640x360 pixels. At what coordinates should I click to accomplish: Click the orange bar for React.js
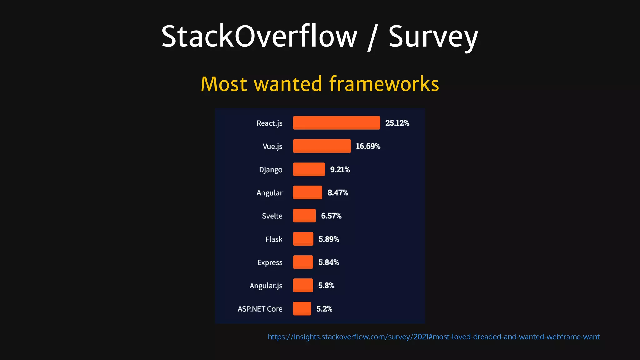pos(336,123)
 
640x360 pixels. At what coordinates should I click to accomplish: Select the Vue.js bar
pos(322,146)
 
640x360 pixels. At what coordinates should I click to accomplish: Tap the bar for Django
pos(309,169)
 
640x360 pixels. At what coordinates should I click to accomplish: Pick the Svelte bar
pos(304,216)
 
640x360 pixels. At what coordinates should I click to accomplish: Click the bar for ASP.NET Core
pos(302,308)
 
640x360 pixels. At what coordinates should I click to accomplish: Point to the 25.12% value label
pos(397,123)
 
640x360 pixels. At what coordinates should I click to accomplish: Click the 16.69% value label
pos(368,146)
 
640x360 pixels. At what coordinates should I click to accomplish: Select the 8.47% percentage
pos(337,192)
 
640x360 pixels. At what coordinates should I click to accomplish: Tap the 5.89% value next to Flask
pos(328,239)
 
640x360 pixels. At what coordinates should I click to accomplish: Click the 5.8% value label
pos(326,285)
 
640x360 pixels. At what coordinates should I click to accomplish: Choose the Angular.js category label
pos(266,286)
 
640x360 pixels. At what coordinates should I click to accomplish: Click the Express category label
pos(270,262)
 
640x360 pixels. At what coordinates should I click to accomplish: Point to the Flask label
pos(274,239)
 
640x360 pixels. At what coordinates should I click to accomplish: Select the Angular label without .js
pos(269,193)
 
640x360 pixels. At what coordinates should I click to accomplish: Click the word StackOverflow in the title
pos(259,37)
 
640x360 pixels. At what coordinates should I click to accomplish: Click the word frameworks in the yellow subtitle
pos(384,84)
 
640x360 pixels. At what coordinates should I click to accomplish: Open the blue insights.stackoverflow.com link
pos(433,337)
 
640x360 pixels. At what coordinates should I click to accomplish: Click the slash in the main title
pos(372,37)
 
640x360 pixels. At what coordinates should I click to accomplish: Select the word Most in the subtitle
pos(224,84)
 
